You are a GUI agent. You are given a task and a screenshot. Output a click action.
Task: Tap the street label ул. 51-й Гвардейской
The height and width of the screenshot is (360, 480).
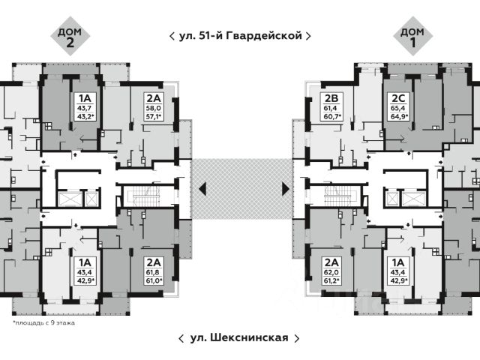pos(240,35)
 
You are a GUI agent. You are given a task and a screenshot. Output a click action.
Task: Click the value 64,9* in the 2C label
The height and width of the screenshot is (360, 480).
pos(397,117)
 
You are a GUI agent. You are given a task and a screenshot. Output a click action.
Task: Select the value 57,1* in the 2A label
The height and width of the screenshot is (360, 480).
pos(154,117)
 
